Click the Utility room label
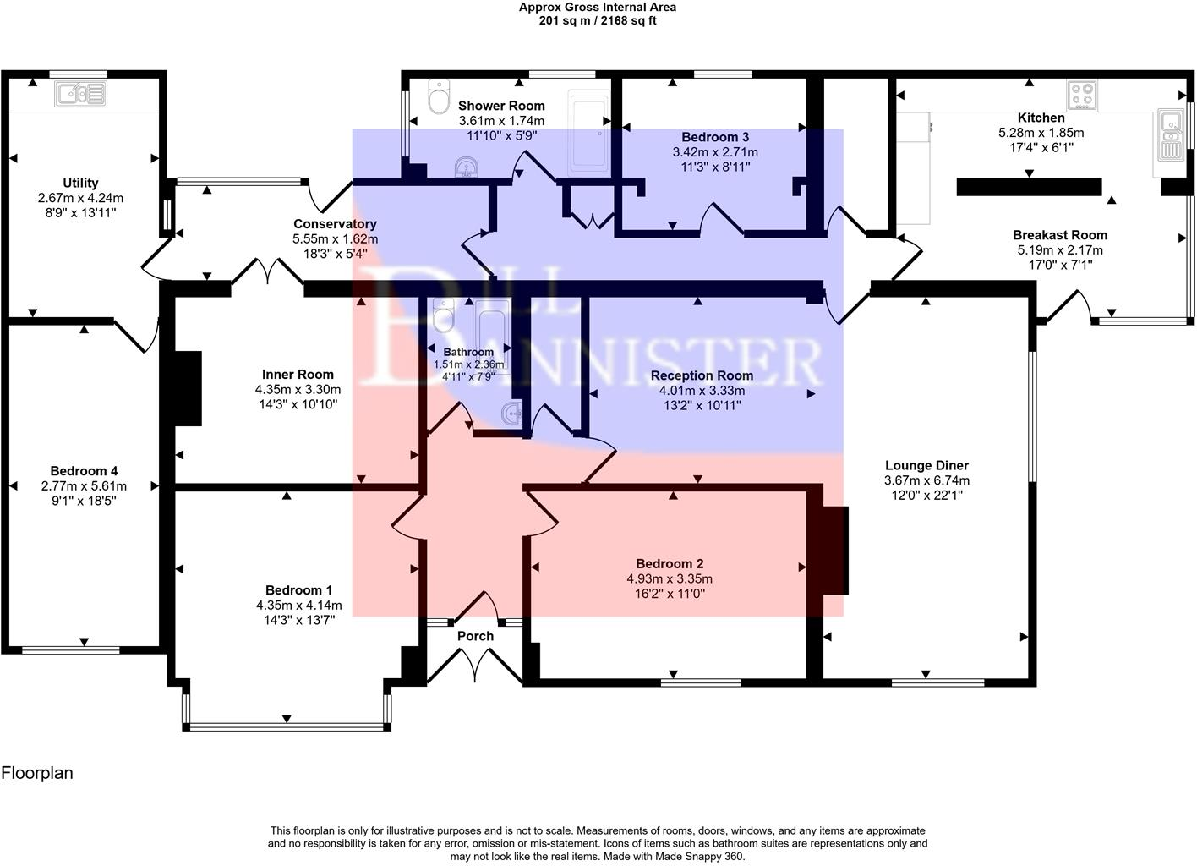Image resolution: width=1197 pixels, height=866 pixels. point(80,183)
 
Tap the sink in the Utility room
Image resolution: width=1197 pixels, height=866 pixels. point(80,94)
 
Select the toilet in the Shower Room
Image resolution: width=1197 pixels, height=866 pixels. point(439,97)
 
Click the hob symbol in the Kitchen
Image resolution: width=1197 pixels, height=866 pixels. point(1082,95)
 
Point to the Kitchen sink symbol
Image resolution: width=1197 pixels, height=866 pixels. point(1169,134)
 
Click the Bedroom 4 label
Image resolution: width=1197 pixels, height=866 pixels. point(84,471)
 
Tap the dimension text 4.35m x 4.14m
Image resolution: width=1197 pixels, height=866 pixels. point(298,606)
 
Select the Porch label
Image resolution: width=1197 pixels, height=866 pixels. point(475,636)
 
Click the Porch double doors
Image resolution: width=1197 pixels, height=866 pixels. point(474,666)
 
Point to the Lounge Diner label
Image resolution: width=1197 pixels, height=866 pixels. point(926,466)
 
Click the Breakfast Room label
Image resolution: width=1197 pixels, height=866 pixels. point(1060,235)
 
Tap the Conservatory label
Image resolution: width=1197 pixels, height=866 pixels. point(335,224)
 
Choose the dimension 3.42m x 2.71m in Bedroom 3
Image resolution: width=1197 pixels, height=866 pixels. point(715,152)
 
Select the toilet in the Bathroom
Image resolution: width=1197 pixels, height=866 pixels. point(444,315)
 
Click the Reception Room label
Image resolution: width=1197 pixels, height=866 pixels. point(702,375)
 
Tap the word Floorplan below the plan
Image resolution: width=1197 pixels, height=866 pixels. point(37,773)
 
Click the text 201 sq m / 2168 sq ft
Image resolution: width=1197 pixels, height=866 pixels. point(598,21)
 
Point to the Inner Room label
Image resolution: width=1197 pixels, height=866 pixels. point(298,375)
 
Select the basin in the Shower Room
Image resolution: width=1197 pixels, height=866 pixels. point(467,167)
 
